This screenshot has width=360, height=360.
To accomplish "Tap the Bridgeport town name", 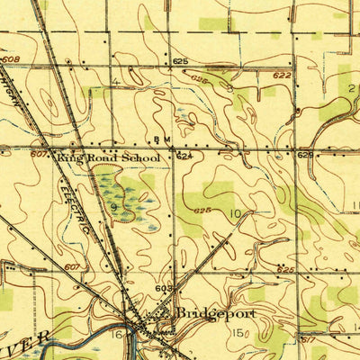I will [215, 313].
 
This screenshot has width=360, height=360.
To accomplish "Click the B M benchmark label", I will [162, 139].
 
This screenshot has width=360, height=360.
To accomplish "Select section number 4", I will [116, 83].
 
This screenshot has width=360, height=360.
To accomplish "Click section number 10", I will [235, 213].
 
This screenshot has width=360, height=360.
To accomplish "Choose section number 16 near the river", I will [117, 334].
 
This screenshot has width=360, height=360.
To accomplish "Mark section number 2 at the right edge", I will [351, 87].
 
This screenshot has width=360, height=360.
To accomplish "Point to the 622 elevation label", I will [283, 76].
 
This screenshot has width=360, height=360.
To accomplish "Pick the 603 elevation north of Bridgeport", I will [163, 288].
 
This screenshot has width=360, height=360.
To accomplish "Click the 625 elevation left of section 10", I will [201, 211].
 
